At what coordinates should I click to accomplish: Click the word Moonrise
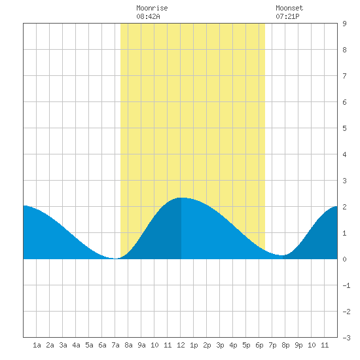pyautogui.click(x=152, y=8)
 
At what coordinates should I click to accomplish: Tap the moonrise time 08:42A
pyautogui.click(x=148, y=16)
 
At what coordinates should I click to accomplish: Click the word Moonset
pyautogui.click(x=289, y=8)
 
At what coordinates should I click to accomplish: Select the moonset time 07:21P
pyautogui.click(x=287, y=16)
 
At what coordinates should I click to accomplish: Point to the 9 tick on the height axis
pyautogui.click(x=344, y=24)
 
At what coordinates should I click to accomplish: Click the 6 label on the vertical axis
pyautogui.click(x=344, y=102)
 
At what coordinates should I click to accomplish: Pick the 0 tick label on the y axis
pyautogui.click(x=344, y=259)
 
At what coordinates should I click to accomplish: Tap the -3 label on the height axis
pyautogui.click(x=346, y=338)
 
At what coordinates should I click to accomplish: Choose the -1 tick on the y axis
pyautogui.click(x=346, y=285)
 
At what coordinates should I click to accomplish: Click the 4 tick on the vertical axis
pyautogui.click(x=344, y=154)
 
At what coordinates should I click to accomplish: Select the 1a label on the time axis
pyautogui.click(x=37, y=345)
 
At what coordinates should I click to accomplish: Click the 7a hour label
pyautogui.click(x=115, y=345)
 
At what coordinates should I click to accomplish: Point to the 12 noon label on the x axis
pyautogui.click(x=181, y=345)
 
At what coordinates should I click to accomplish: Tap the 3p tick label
pyautogui.click(x=220, y=345)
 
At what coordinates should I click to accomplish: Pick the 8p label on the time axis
pyautogui.click(x=285, y=345)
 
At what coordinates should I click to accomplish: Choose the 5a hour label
pyautogui.click(x=89, y=345)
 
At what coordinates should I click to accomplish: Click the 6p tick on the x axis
pyautogui.click(x=259, y=345)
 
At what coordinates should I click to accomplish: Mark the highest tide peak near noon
pyautogui.click(x=181, y=198)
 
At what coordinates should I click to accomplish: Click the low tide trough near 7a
pyautogui.click(x=115, y=259)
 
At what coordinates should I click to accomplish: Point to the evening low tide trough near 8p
pyautogui.click(x=281, y=255)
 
